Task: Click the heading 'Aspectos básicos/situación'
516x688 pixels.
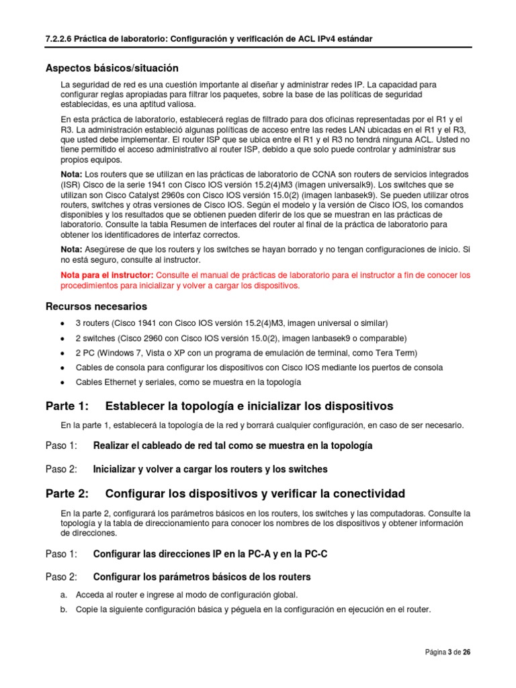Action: [x=112, y=68]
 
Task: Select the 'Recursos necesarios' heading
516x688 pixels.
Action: [x=96, y=306]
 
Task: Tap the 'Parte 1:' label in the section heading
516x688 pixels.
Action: [x=67, y=406]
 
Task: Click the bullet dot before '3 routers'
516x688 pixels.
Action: [x=62, y=323]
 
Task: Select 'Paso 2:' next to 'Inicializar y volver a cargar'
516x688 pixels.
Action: [x=62, y=469]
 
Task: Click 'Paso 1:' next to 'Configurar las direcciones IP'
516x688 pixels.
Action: [x=62, y=554]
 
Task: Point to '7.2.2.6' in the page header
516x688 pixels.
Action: [x=62, y=39]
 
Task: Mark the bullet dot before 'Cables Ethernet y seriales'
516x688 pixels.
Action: [x=62, y=382]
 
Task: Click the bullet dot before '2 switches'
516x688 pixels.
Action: [x=62, y=338]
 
